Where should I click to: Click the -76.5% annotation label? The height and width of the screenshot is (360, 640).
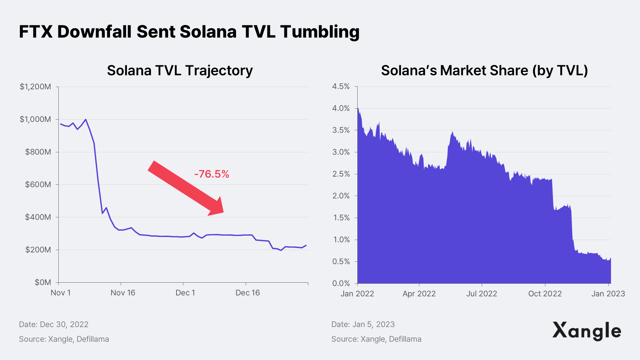[212, 174]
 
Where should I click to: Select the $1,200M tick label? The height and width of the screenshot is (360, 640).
[35, 87]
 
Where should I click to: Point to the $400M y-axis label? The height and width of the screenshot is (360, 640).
[38, 217]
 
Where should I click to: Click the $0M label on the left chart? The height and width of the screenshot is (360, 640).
[43, 283]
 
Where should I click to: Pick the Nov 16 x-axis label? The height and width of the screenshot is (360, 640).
[123, 293]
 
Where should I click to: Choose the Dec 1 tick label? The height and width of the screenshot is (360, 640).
[185, 293]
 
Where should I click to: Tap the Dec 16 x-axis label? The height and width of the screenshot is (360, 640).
[247, 293]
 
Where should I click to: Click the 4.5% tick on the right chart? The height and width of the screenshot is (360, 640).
[341, 87]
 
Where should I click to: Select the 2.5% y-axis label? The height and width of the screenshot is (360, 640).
[341, 174]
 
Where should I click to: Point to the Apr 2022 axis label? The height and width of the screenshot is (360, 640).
[419, 294]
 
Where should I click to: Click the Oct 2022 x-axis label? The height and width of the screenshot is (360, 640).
[545, 294]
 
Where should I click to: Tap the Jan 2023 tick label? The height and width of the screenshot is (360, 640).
[608, 294]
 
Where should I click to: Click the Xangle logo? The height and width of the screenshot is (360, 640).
[587, 331]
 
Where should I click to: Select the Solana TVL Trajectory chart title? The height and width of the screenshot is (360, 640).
[180, 71]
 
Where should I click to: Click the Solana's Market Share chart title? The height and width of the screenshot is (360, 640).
[484, 71]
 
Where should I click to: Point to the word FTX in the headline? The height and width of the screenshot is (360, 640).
[36, 32]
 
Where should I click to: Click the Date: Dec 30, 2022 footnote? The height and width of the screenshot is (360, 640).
[54, 325]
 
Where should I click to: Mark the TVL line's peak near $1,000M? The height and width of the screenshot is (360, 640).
[86, 119]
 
